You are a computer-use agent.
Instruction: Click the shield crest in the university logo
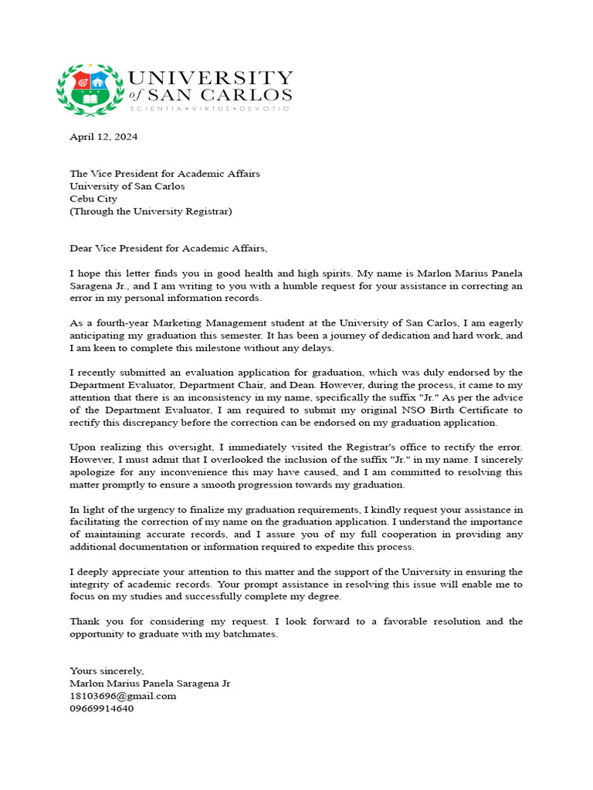pyautogui.click(x=89, y=89)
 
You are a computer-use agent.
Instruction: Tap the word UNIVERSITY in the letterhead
pyautogui.click(x=210, y=78)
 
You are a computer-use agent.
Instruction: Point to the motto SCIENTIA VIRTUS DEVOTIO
pyautogui.click(x=209, y=110)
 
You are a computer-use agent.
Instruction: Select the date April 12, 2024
pyautogui.click(x=103, y=137)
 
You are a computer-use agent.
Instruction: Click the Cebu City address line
pyautogui.click(x=93, y=198)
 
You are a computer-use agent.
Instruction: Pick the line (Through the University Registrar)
pyautogui.click(x=151, y=211)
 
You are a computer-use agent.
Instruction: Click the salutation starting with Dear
pyautogui.click(x=168, y=248)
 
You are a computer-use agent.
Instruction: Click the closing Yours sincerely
pyautogui.click(x=107, y=671)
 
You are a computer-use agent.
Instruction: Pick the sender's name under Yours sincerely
pyautogui.click(x=150, y=684)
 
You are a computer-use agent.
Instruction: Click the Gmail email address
pyautogui.click(x=123, y=696)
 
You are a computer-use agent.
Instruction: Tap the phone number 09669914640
pyautogui.click(x=101, y=708)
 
